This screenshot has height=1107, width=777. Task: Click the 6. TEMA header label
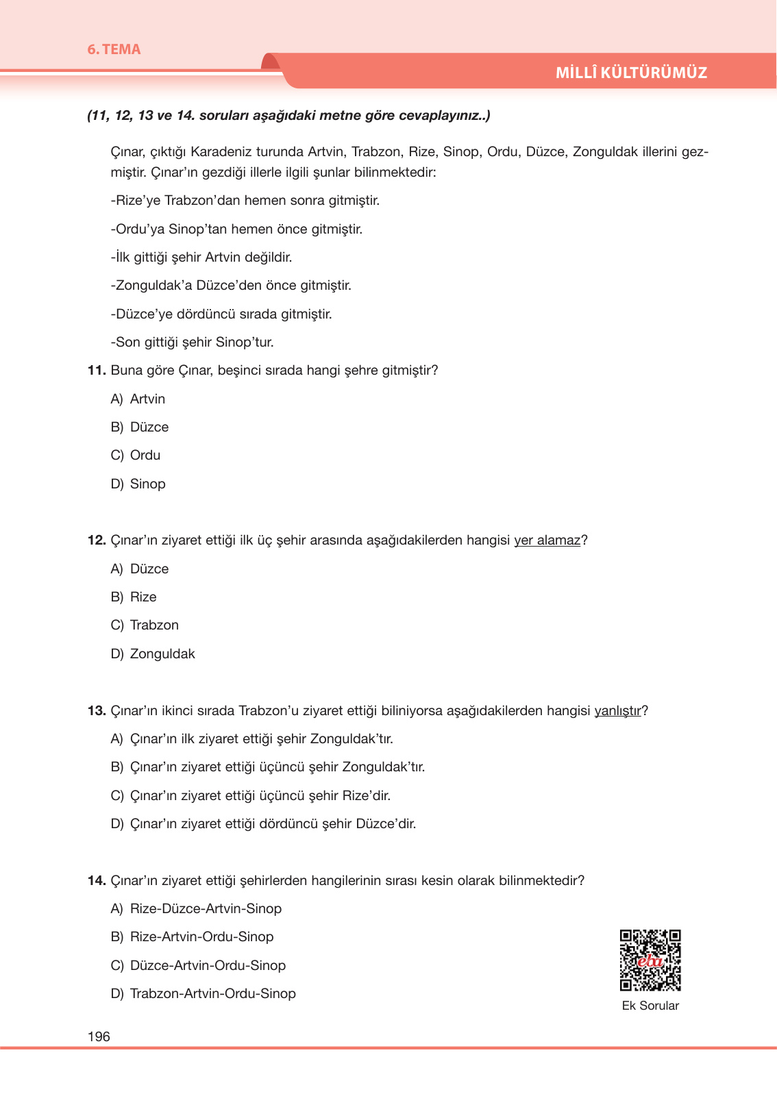[x=114, y=49]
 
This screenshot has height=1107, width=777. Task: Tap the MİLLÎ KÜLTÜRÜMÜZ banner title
[x=631, y=73]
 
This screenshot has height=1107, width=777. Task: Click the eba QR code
[x=650, y=960]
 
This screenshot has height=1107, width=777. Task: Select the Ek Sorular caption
[x=650, y=1006]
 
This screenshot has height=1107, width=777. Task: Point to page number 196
[x=99, y=1036]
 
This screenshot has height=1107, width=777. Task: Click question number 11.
[x=97, y=371]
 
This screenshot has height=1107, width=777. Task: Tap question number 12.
[x=97, y=540]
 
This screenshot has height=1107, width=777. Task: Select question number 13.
[x=97, y=711]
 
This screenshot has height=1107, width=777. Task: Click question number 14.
[x=97, y=881]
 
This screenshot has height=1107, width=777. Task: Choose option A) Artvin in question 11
[x=138, y=399]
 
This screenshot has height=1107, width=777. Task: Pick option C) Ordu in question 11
[x=136, y=456]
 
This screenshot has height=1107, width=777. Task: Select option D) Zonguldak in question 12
[x=153, y=654]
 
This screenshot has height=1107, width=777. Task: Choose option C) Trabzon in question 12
[x=145, y=625]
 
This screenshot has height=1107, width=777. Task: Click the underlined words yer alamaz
[x=547, y=540]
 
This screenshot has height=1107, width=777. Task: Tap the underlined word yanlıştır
[x=617, y=711]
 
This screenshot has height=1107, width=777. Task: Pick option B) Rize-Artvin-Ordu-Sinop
[x=193, y=937]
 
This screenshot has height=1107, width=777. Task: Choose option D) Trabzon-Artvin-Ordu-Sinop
[x=203, y=994]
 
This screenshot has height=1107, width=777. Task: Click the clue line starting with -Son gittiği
[x=193, y=343]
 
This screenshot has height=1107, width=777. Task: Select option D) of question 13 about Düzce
[x=264, y=824]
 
